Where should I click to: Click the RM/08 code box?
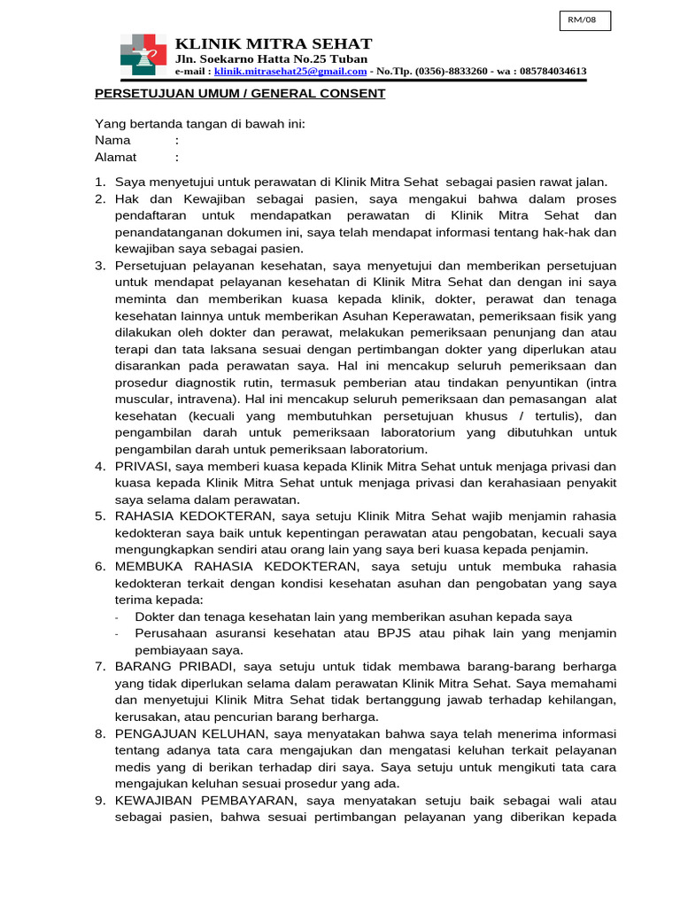point(585,21)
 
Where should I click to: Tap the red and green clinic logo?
point(143,55)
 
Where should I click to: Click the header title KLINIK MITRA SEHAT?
point(274,43)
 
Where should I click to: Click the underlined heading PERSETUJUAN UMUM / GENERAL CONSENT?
point(240,93)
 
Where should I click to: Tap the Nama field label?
point(112,140)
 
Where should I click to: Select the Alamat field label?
point(116,157)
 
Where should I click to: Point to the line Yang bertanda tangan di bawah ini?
point(200,123)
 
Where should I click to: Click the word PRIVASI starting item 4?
point(143,466)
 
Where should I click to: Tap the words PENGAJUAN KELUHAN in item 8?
point(190,733)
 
